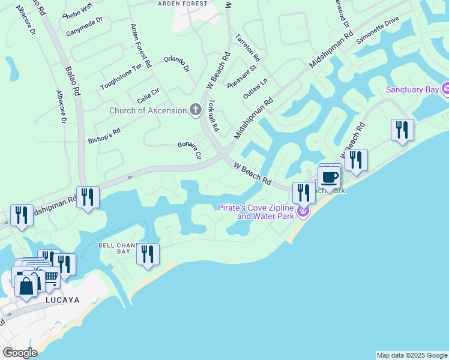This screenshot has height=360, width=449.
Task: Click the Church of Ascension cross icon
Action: tap(194, 110)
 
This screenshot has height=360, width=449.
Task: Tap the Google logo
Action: tap(19, 353)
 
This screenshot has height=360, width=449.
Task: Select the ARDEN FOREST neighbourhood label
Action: tap(182, 4)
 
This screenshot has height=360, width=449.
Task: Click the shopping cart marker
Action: tap(50, 278)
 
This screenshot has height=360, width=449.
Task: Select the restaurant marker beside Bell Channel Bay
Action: tap(147, 254)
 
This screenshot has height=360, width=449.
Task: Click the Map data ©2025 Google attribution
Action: tap(412, 355)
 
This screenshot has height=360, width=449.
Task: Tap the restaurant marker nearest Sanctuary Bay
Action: tap(402, 131)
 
